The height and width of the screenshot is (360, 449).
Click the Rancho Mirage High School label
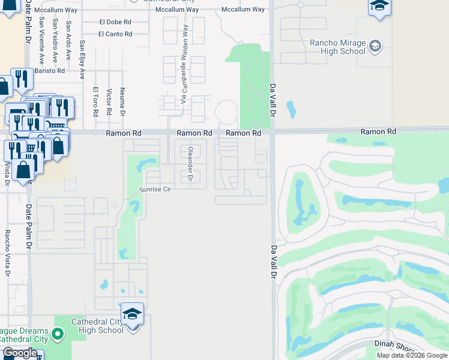pos(337,47)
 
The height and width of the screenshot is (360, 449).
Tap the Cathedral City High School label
pos(97,326)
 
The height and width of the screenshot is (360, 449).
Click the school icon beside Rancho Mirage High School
pos(375,46)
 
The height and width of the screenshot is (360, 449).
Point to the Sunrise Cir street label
pos(155,189)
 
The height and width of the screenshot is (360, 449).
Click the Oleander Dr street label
pos(190,164)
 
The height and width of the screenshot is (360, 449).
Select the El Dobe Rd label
pos(115,22)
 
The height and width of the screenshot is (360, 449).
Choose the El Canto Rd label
pos(115,34)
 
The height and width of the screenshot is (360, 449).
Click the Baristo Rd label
pos(49,70)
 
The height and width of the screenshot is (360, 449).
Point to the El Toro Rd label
pos(95,101)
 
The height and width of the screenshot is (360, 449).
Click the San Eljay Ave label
pos(83,60)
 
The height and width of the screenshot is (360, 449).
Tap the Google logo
pos(20,353)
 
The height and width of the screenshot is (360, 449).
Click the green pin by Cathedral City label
pos(58,333)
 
